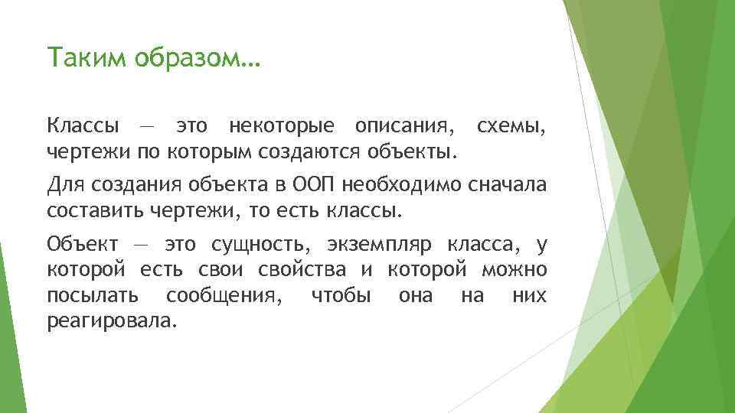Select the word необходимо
[397, 185]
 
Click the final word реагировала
[111, 321]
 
